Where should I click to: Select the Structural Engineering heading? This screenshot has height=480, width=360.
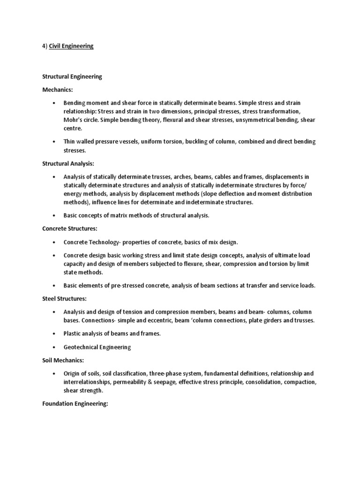point(72,76)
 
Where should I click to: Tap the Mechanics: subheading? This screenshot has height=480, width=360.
point(58,89)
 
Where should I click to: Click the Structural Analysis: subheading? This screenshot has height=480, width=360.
point(68,164)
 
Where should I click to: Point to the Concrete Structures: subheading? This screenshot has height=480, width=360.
point(70,229)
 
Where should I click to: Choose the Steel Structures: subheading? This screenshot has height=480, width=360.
point(64,298)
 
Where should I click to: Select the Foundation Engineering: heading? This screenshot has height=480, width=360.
point(75,403)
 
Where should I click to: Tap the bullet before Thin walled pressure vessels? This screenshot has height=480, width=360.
point(54,142)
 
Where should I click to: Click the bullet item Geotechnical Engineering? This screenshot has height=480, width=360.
point(97,347)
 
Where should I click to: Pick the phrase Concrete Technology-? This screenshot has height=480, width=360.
point(92,242)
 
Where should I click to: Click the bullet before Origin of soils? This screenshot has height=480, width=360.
point(54,374)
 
